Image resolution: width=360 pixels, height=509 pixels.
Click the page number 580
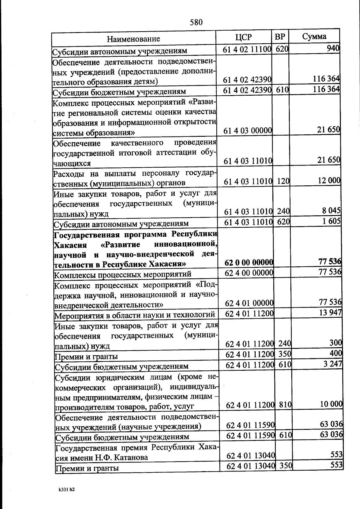pos(196,22)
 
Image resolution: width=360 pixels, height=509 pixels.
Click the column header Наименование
pos(133,39)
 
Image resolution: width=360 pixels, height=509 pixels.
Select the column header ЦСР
pos(243,37)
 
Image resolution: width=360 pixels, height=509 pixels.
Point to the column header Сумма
pos(314,37)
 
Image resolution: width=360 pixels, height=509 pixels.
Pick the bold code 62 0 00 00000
pos(249,262)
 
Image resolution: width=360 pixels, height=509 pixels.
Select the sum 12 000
pos(329,180)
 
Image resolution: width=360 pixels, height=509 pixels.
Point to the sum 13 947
pos(331,313)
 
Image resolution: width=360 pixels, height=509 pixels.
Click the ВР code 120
pos(283,181)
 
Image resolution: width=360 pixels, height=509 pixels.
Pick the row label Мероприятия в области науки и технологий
pos(135,315)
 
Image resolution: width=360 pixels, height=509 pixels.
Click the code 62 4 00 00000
pos(249,273)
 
